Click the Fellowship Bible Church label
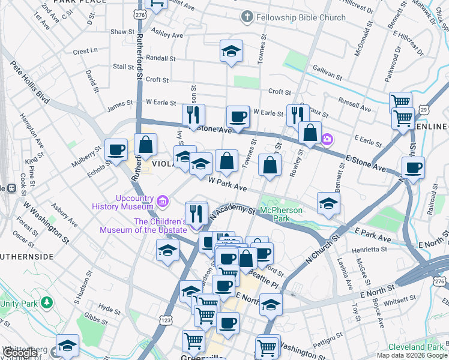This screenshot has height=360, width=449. coord(301,17)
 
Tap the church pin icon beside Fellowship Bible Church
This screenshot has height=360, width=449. coord(246,17)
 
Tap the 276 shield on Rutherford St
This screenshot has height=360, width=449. coord(140,14)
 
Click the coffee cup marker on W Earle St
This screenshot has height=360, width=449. coord(238,116)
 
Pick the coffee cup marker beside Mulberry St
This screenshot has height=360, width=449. coord(116,149)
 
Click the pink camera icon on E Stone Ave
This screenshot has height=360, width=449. coord(327,139)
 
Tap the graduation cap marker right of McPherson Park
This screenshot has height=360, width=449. coord(328,203)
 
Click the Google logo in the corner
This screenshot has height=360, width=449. coord(20,353)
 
